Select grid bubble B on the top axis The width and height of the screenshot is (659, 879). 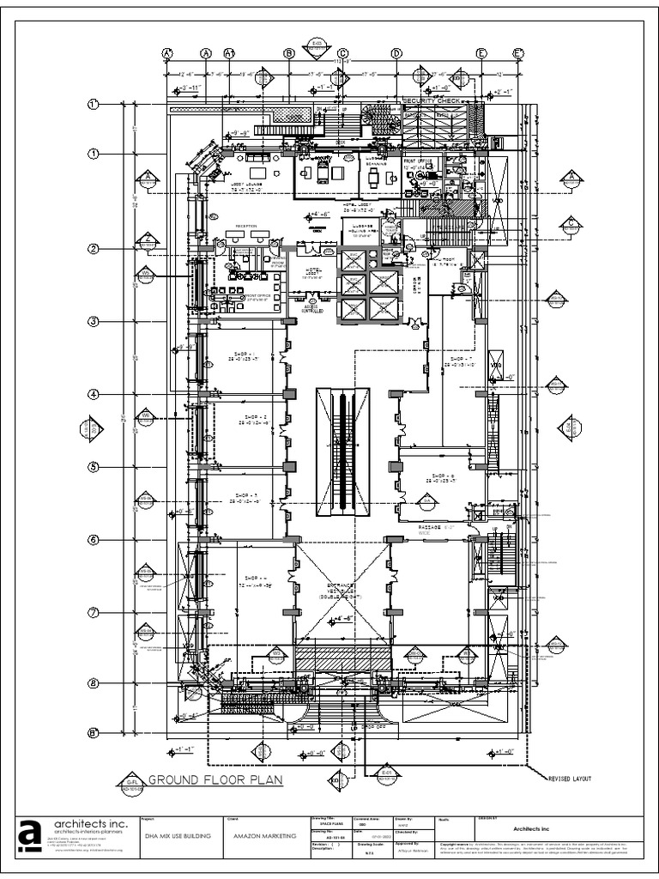tap(289, 53)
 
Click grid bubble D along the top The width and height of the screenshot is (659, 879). tap(396, 53)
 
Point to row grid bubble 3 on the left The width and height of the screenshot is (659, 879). tap(94, 322)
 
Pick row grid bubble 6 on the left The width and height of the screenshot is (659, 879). tap(94, 540)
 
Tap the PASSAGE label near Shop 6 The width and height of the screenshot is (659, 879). tap(430, 526)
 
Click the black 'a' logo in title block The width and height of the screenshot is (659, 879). tap(30, 838)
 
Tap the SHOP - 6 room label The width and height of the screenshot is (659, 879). tap(443, 477)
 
